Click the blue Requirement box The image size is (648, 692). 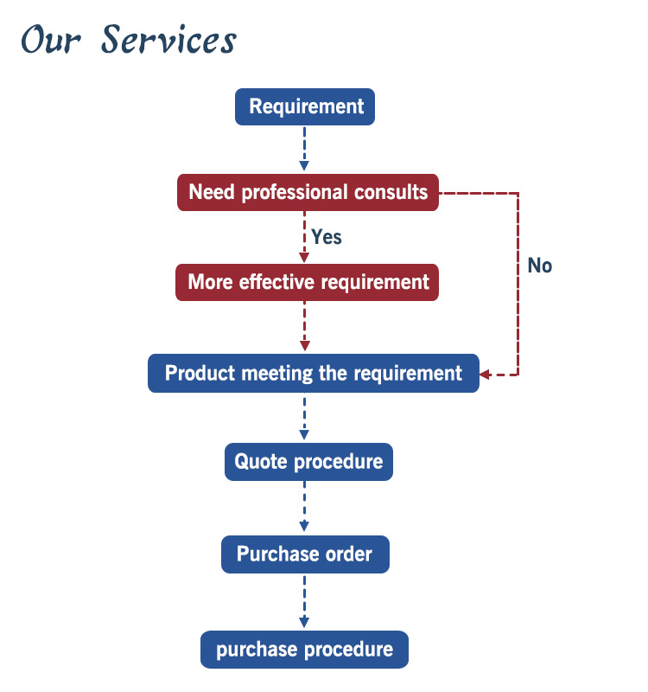305,106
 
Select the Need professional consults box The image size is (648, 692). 308,192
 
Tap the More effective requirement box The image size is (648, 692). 307,283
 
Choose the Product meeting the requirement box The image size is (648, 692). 314,374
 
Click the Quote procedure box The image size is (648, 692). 308,462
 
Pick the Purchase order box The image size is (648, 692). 305,554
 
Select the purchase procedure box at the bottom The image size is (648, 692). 304,650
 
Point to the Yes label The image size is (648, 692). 327,237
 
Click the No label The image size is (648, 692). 540,266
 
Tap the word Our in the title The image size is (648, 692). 51,40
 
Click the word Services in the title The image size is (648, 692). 169,40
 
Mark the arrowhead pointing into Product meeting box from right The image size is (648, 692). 485,375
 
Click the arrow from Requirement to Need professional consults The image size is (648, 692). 304,149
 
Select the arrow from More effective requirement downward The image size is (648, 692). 305,327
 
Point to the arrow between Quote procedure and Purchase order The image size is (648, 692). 304,507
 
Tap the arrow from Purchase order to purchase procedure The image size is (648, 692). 304,601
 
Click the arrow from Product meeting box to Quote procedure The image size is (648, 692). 304,417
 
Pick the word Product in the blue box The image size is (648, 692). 200,374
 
